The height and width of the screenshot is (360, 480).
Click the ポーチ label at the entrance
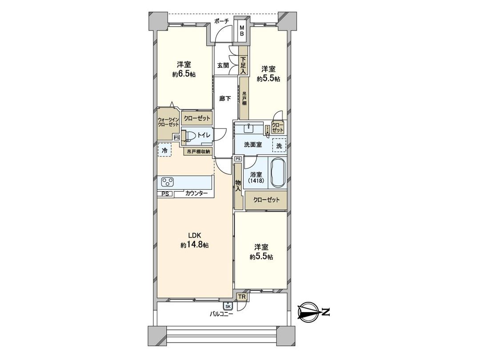(221, 21)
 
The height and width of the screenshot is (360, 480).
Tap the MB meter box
(242, 31)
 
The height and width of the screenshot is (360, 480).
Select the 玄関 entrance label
(223, 65)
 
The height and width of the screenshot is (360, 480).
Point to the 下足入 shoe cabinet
(243, 65)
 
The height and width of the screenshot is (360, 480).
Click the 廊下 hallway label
(225, 99)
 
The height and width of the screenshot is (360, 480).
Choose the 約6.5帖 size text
(184, 75)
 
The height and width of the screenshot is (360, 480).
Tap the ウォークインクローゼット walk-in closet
(168, 122)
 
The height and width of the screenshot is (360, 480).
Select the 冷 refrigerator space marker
(164, 151)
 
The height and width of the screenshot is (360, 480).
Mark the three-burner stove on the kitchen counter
(168, 182)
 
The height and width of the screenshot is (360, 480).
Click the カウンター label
(196, 194)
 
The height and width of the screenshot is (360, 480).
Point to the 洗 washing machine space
(279, 145)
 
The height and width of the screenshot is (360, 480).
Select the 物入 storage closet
(239, 186)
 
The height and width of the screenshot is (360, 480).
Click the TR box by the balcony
(241, 296)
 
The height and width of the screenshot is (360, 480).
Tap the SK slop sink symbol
(228, 306)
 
